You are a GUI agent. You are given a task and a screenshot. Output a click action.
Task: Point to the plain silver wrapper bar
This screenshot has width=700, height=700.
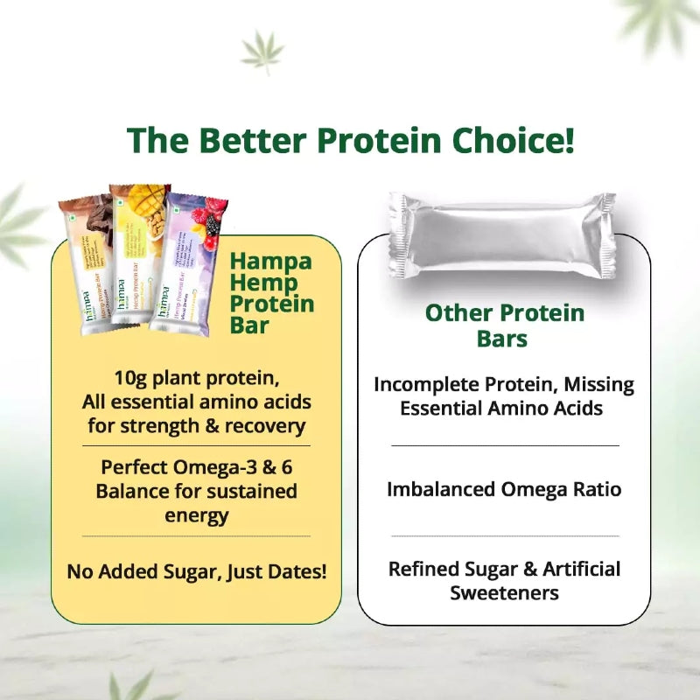(x=501, y=235)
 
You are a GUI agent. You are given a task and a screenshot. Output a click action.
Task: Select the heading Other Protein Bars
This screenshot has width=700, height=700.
(x=504, y=325)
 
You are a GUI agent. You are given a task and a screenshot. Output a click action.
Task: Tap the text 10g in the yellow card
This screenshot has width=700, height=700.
(x=131, y=379)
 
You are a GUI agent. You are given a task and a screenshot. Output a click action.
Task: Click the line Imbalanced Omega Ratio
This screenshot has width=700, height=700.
(x=504, y=489)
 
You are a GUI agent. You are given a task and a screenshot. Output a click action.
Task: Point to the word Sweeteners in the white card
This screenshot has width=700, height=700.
(x=504, y=592)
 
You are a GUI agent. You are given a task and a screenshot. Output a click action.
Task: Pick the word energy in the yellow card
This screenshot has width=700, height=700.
(x=196, y=514)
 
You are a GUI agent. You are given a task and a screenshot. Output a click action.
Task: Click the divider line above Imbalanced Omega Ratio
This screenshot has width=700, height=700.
(x=504, y=445)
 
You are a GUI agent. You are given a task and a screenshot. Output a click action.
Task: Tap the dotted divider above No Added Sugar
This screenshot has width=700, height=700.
(x=196, y=535)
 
